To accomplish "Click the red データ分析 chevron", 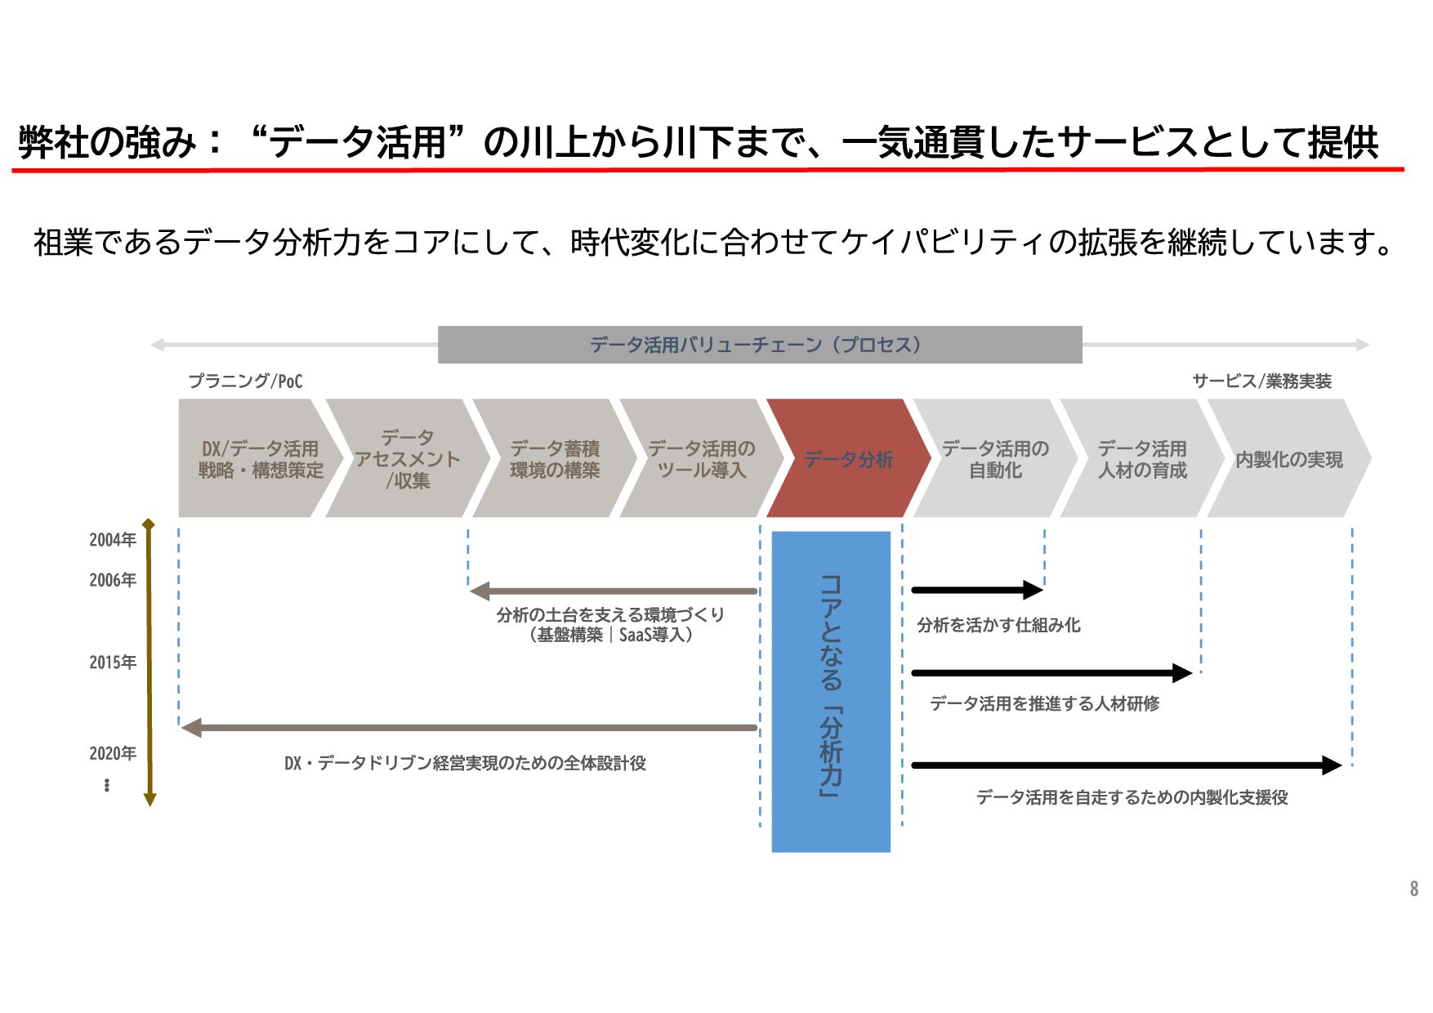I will tap(848, 459).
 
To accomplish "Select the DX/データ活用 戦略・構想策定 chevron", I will tap(260, 459).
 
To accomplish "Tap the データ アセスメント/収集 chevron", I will tap(407, 459).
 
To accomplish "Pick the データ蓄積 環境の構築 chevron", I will tap(554, 459).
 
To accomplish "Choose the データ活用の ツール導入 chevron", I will tap(701, 459).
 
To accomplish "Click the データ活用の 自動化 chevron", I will tap(995, 459).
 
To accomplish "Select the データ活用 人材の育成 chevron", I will tap(1142, 459).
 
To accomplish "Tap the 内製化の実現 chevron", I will tap(1288, 459).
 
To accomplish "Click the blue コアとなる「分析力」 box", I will tap(831, 691).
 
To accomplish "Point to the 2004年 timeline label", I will tap(113, 540).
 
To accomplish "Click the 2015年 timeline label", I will tap(113, 663).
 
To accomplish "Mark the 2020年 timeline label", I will tap(113, 753).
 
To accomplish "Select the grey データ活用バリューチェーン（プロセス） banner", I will tap(760, 345).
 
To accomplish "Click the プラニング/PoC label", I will tap(245, 382).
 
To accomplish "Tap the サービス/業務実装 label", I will tap(1261, 382).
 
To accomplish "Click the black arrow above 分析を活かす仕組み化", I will tap(976, 590).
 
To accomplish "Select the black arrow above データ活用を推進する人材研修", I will tap(1051, 673).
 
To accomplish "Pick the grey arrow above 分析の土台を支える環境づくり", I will tap(613, 591).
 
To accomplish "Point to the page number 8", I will tap(1413, 889).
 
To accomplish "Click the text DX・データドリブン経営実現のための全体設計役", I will tap(465, 763).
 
